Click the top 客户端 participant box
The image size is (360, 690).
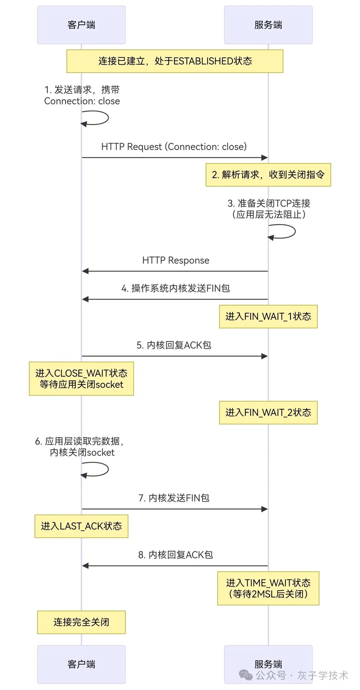81,25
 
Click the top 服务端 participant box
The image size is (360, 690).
268,25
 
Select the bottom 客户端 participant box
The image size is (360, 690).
81,664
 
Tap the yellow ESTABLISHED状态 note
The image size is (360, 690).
175,61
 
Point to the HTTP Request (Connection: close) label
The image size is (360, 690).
174,147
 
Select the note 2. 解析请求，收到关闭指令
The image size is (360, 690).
268,175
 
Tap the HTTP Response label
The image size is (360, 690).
176,260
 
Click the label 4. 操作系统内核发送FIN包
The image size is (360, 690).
176,288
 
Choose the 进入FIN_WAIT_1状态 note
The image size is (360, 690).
268,317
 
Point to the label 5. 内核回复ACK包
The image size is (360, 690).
174,345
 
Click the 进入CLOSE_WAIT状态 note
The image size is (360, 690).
81,379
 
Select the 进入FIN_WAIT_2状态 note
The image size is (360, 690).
268,412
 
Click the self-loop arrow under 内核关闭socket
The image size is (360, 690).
100,469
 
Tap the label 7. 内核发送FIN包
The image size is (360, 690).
174,498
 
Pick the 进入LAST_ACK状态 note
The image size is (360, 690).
81,526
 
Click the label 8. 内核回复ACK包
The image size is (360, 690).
176,555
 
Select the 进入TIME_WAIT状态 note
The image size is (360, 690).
268,588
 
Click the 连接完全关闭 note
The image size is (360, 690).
81,622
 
